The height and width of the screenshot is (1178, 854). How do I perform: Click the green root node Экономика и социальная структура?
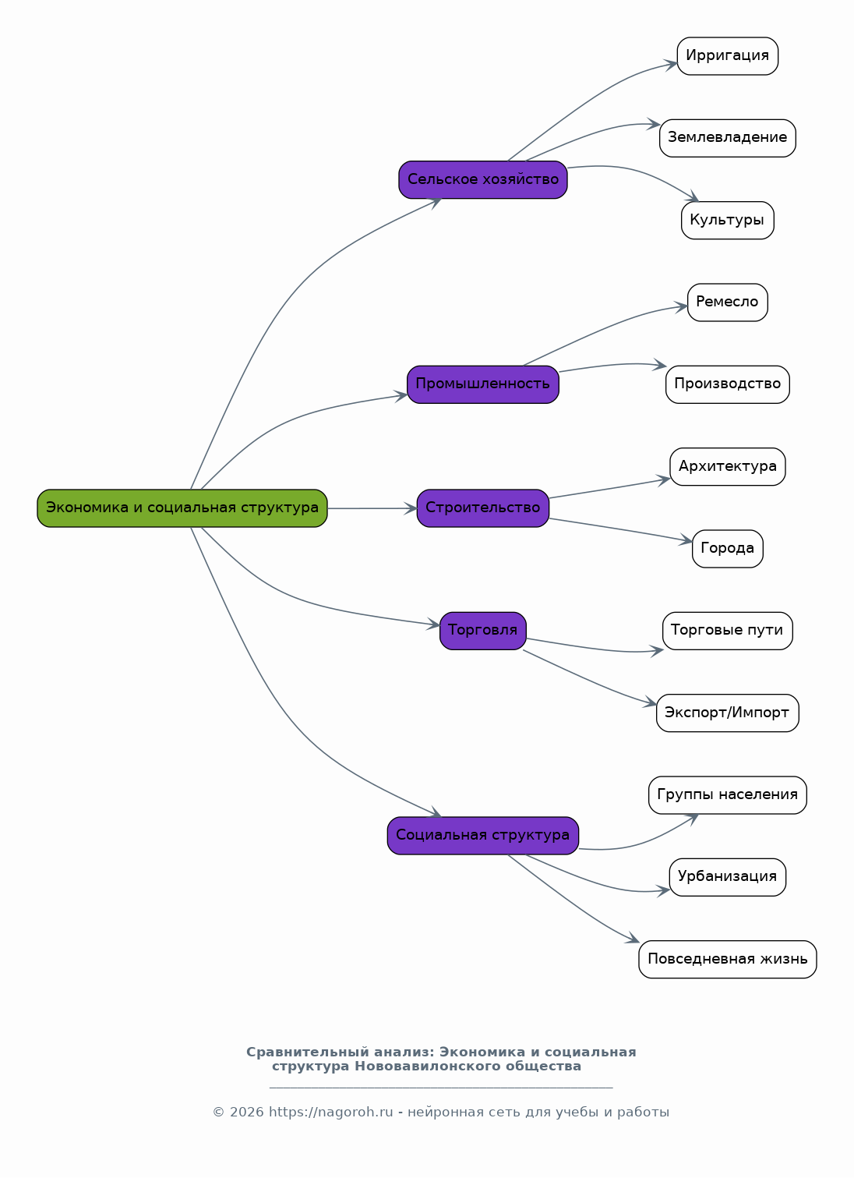click(182, 508)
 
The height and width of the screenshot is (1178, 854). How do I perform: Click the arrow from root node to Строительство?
click(372, 508)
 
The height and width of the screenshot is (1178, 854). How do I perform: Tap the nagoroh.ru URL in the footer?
click(331, 1112)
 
